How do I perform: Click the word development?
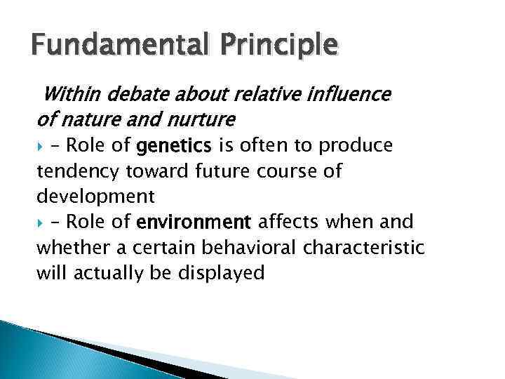tap(95, 197)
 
